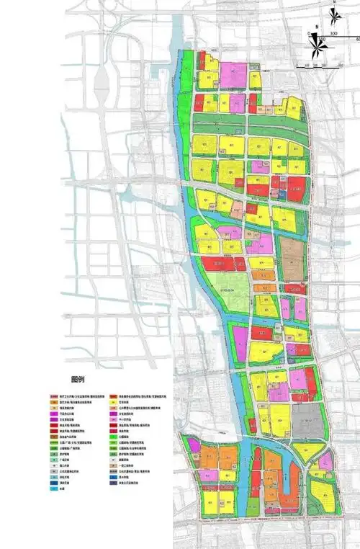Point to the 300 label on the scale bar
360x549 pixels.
(334, 33)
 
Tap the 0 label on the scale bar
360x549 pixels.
(308, 33)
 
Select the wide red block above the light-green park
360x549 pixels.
(220, 264)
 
